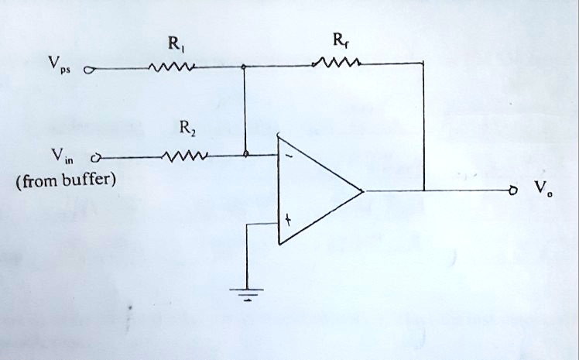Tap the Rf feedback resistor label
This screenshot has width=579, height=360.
click(339, 42)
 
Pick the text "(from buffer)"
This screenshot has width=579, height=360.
click(65, 182)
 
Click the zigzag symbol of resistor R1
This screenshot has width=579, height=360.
click(172, 69)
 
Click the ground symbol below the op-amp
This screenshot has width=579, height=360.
click(248, 294)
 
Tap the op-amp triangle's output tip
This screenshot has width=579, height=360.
click(362, 190)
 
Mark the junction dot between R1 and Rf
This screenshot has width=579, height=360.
click(245, 68)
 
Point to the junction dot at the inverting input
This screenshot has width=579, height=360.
click(246, 156)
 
